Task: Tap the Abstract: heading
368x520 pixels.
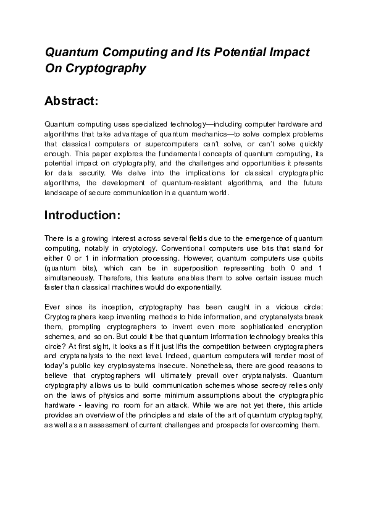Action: coord(72,100)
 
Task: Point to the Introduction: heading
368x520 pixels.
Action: coord(86,216)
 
